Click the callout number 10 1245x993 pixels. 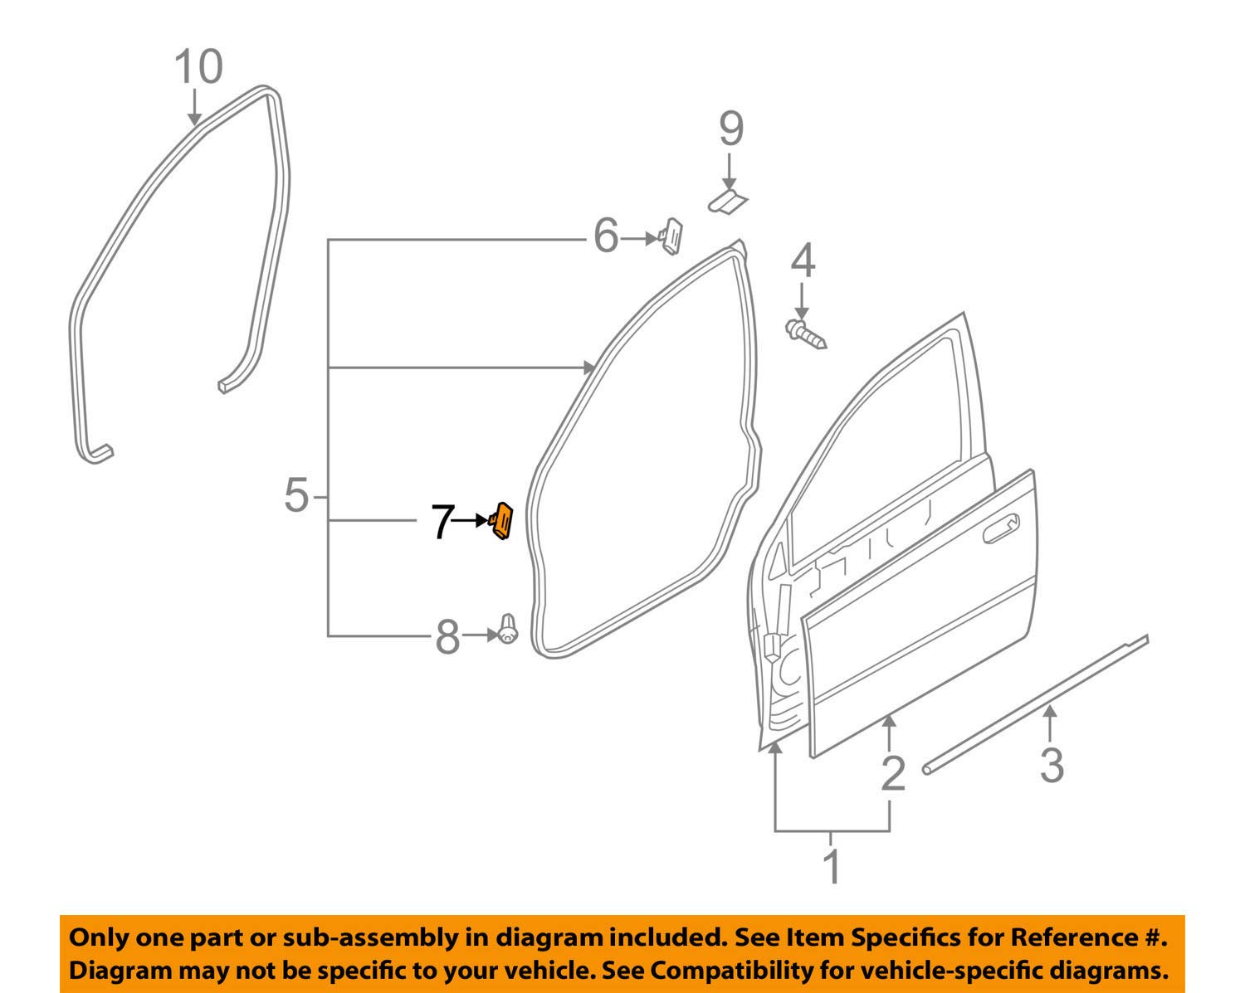point(198,67)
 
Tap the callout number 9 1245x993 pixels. point(731,129)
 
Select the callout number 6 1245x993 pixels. point(606,236)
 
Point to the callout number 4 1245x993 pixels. point(803,260)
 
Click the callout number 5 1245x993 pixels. point(297,495)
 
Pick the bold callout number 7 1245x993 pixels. point(443,522)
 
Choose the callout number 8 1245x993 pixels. point(447,637)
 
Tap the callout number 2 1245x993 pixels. point(893,774)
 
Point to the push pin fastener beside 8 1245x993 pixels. point(507,629)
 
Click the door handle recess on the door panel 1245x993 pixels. point(1002,528)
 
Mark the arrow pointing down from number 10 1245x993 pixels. point(194,106)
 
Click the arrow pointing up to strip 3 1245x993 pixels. point(1050,723)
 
